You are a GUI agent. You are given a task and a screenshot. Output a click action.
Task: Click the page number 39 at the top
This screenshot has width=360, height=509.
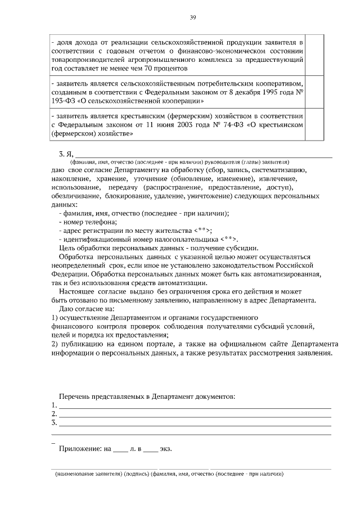coord(192,18)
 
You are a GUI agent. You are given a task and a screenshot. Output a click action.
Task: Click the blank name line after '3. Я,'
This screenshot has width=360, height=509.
coord(202,154)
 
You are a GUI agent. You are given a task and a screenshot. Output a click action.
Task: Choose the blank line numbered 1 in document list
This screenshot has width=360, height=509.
coord(195,406)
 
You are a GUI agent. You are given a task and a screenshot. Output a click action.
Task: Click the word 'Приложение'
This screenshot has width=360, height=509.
coord(80,449)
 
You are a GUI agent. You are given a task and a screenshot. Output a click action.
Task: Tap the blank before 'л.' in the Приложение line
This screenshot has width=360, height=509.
coord(120,450)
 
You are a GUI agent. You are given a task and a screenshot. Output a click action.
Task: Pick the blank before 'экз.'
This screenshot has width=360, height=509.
coord(150,450)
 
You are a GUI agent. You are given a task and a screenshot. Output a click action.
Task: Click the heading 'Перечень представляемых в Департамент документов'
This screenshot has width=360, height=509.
coord(147,397)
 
